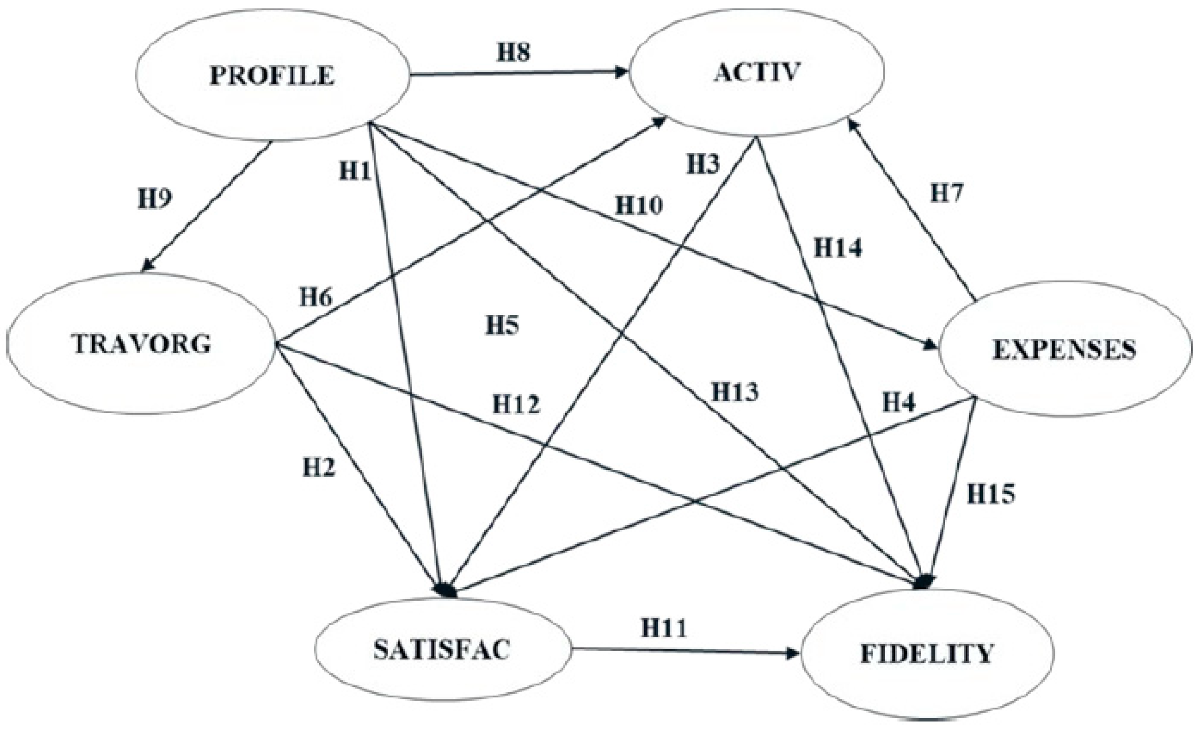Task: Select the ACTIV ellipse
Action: coord(757,72)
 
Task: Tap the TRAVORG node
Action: coord(141,344)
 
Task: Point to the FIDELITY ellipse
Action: coord(927,654)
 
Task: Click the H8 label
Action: coord(513,52)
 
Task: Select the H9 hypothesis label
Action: coord(155,198)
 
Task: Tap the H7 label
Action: coord(947,193)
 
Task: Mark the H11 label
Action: coord(664,628)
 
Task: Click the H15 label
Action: coord(991,494)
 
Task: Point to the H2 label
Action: coord(319,467)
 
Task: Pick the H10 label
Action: coord(639,205)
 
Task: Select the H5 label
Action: coord(502,325)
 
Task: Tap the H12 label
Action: coord(516,404)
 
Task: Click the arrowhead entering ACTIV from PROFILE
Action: coord(622,73)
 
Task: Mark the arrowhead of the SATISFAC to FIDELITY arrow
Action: coord(794,654)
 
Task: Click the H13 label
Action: coord(735,392)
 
